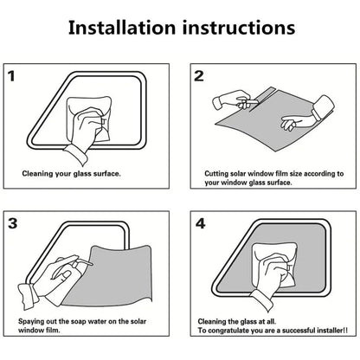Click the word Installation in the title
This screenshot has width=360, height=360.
pos(122,28)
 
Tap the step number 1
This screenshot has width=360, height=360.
pos(11,76)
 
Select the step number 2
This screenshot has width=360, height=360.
pos(199,76)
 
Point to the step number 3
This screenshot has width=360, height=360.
pos(13,223)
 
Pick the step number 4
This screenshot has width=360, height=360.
pos(200,223)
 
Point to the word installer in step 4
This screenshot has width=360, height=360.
pos(330,331)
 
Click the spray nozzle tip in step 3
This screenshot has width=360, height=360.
pos(92,264)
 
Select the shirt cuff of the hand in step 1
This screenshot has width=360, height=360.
pos(77,154)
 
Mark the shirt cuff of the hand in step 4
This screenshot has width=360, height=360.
pos(262,301)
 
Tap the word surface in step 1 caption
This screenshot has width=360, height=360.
pos(106,174)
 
